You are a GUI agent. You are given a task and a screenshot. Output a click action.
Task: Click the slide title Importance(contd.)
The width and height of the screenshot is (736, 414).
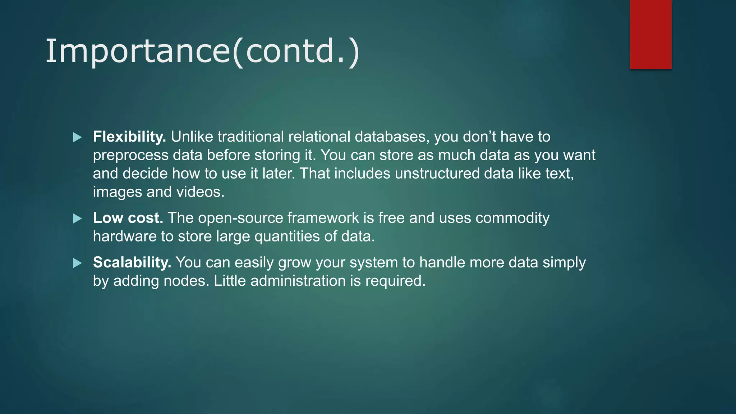[202, 51]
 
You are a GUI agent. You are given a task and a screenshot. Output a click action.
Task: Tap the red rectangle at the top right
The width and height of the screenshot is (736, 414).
[650, 34]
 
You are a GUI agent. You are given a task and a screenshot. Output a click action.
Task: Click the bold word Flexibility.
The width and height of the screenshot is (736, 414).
[129, 137]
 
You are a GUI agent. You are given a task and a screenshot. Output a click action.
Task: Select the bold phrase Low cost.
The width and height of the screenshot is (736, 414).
[128, 218]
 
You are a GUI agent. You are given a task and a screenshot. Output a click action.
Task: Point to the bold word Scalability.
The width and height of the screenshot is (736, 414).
[132, 263]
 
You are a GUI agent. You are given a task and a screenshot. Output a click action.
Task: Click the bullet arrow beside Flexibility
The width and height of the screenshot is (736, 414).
[77, 137]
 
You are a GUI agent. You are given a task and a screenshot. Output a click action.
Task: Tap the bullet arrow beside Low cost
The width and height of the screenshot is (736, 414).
[77, 218]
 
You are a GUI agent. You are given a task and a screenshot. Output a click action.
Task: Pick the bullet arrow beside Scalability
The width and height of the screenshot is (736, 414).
[77, 263]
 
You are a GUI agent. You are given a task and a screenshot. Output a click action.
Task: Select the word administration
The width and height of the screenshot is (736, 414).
[298, 281]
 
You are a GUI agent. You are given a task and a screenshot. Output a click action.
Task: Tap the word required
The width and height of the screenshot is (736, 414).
[395, 281]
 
